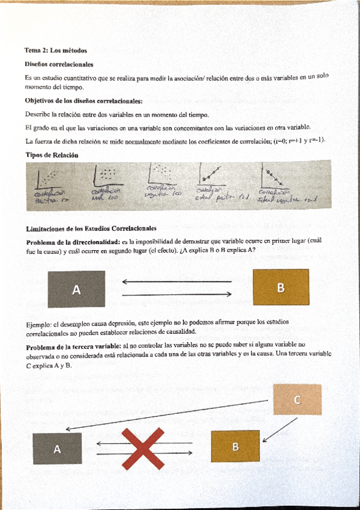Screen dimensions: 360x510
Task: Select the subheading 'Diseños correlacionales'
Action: tap(58, 64)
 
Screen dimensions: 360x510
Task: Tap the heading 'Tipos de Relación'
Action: tap(52, 155)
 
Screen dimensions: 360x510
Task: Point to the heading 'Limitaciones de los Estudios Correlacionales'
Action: tap(91, 228)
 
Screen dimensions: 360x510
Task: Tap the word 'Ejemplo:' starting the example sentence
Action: tap(39, 322)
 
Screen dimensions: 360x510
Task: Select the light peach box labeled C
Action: tap(297, 399)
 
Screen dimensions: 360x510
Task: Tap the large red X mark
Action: tap(143, 448)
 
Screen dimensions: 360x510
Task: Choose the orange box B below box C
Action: tap(235, 446)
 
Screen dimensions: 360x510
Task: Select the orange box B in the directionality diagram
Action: tap(281, 287)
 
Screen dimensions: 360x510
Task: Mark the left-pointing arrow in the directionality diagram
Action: tap(176, 281)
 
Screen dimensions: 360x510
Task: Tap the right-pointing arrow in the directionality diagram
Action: tap(176, 294)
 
